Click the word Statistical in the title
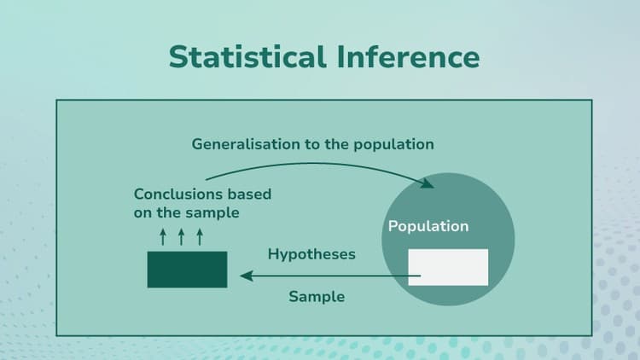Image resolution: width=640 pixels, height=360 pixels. [245, 56]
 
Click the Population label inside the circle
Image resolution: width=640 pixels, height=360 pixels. [428, 226]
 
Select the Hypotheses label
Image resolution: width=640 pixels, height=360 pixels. [311, 254]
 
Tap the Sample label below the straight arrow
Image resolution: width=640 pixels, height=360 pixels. [317, 296]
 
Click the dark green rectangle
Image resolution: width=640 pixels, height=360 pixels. [187, 269]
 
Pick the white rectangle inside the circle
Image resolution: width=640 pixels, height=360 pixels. [448, 267]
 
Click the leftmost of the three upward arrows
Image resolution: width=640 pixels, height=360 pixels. [163, 236]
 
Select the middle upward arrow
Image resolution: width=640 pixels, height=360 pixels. [182, 236]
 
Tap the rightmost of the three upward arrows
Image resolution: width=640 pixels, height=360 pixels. [200, 236]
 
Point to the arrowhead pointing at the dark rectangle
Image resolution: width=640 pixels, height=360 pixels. [246, 276]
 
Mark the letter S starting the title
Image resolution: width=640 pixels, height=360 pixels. [179, 56]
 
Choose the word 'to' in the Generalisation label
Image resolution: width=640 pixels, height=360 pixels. [312, 143]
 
